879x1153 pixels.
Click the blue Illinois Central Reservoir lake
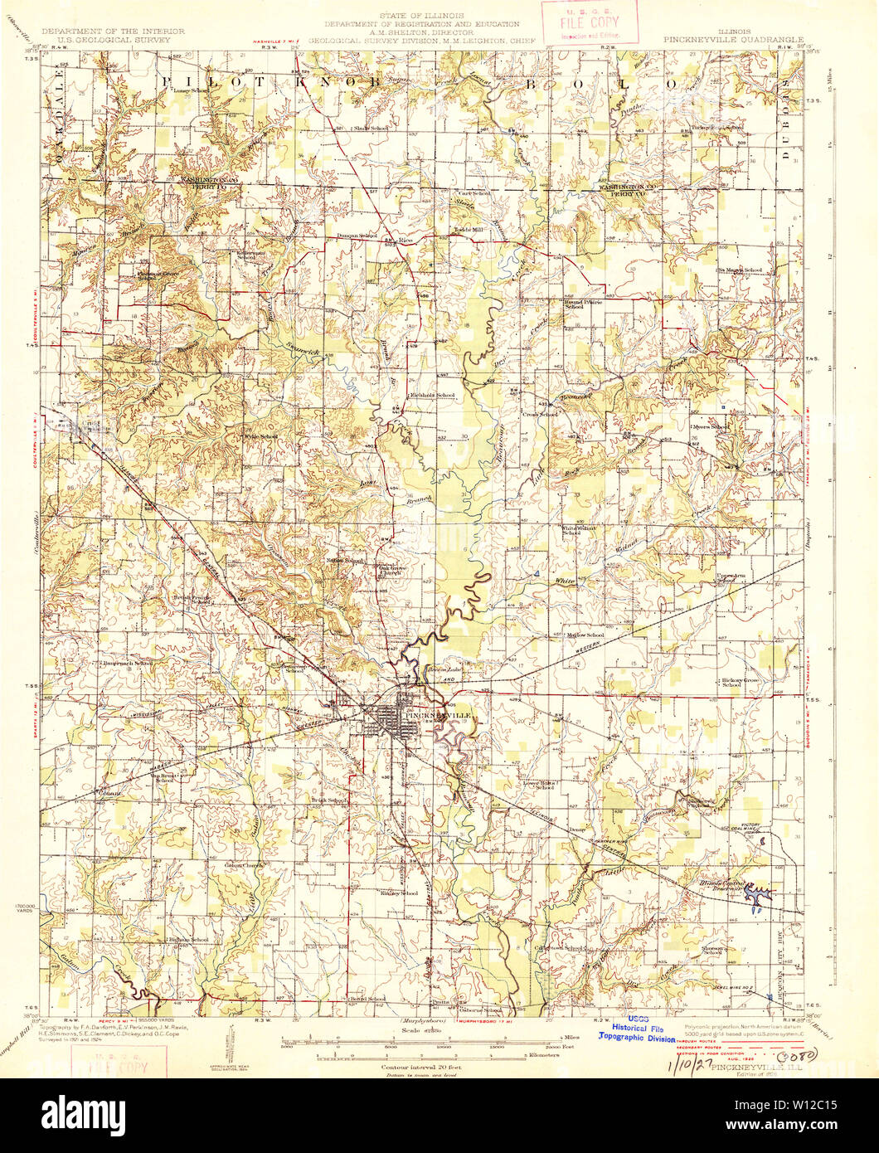759,893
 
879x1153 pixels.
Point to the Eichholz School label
433,395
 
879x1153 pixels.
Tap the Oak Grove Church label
396,572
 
